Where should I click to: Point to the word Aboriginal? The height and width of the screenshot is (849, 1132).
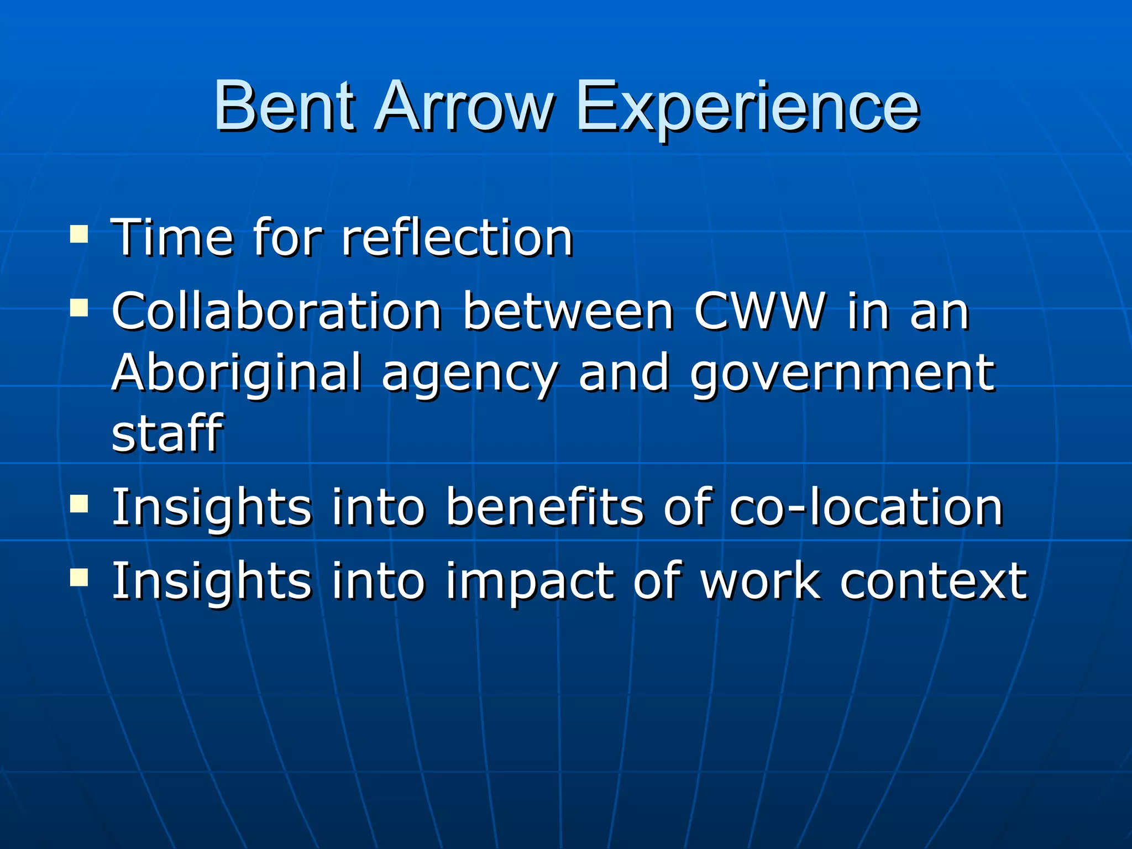pyautogui.click(x=237, y=373)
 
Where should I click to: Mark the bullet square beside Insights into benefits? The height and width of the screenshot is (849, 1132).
pyautogui.click(x=79, y=504)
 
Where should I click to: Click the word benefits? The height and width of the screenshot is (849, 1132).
pyautogui.click(x=544, y=507)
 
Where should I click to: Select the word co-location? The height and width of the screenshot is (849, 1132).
pyautogui.click(x=866, y=507)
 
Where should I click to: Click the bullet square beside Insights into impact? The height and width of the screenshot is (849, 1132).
pyautogui.click(x=79, y=578)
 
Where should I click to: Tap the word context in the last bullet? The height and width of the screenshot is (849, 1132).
pyautogui.click(x=934, y=581)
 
